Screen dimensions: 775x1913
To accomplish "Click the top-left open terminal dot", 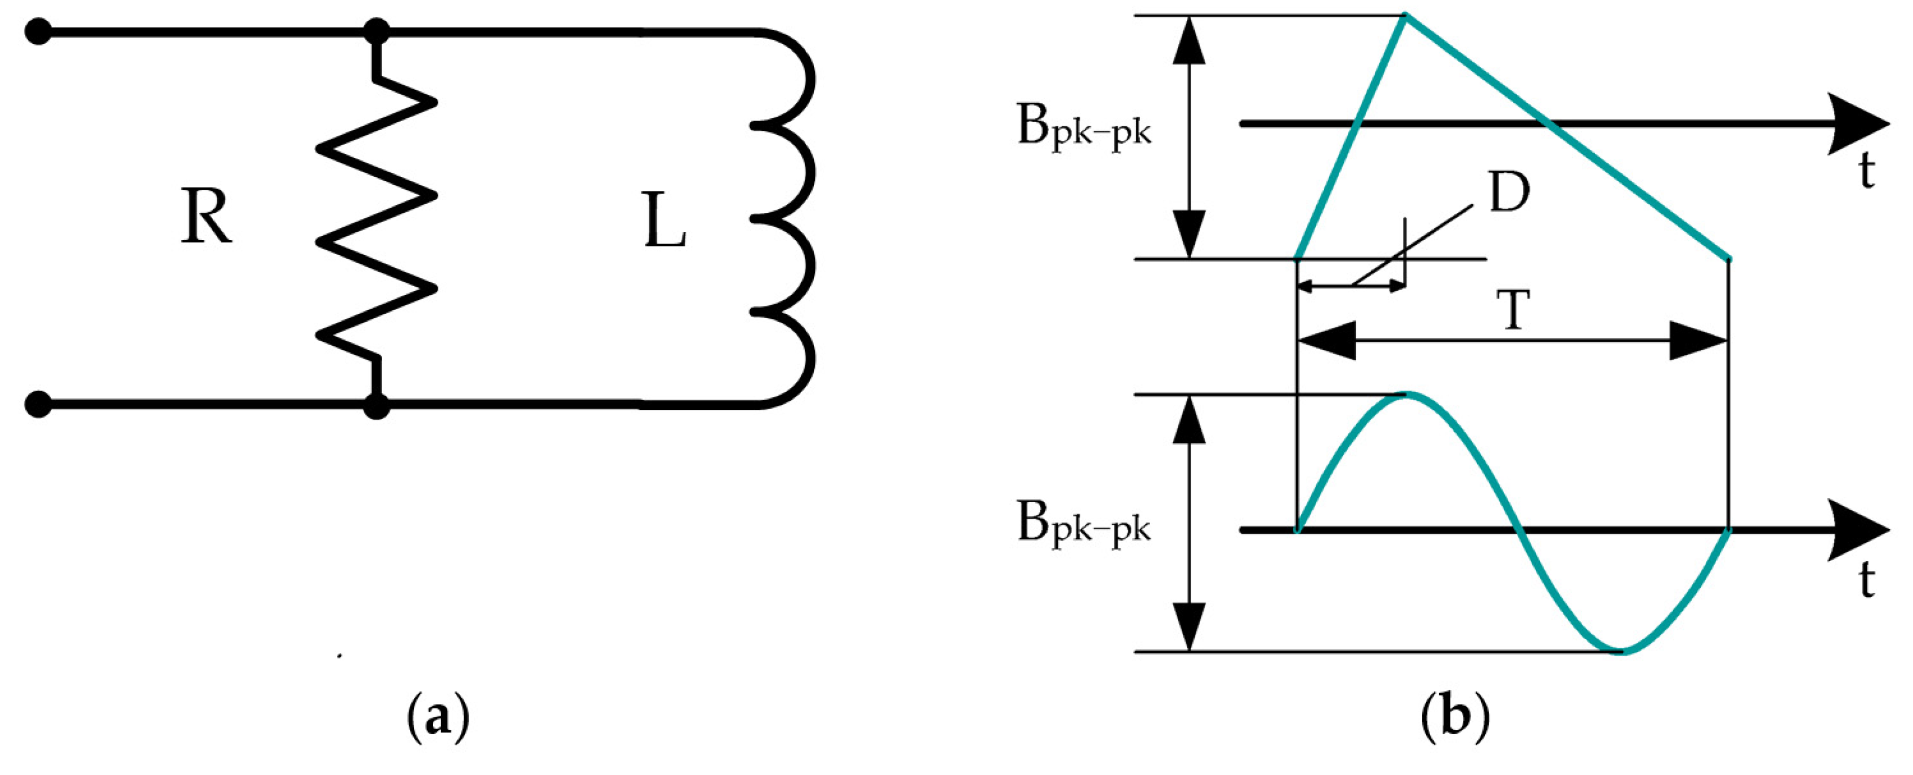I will [x=38, y=32].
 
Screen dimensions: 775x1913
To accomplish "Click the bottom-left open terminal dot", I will [x=38, y=405].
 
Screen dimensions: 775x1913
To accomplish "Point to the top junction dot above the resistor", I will [x=377, y=32].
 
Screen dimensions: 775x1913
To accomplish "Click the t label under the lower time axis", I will [x=1867, y=581].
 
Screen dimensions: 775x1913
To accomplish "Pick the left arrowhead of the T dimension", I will [x=1326, y=341].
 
